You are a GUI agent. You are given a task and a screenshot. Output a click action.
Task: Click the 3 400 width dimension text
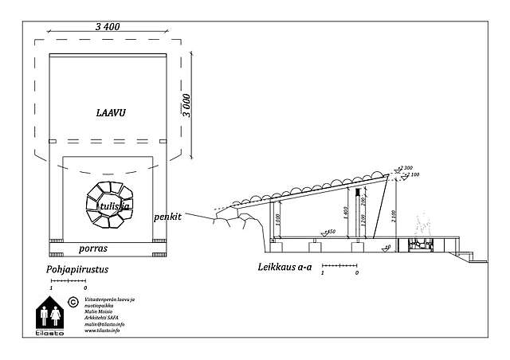click(x=107, y=27)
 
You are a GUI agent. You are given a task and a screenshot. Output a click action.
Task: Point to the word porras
click(x=93, y=248)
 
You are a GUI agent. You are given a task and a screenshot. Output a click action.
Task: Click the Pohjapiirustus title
click(x=76, y=270)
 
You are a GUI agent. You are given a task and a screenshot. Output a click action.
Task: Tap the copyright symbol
click(x=73, y=302)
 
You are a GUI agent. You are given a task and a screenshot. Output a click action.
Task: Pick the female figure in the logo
click(x=57, y=314)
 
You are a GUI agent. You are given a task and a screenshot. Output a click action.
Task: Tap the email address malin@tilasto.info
click(x=104, y=324)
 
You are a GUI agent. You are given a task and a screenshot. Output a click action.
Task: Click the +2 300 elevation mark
click(x=406, y=168)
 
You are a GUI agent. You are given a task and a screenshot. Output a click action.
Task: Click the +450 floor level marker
click(x=328, y=232)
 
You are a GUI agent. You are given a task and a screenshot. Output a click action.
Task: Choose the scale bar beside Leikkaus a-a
click(x=339, y=265)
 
